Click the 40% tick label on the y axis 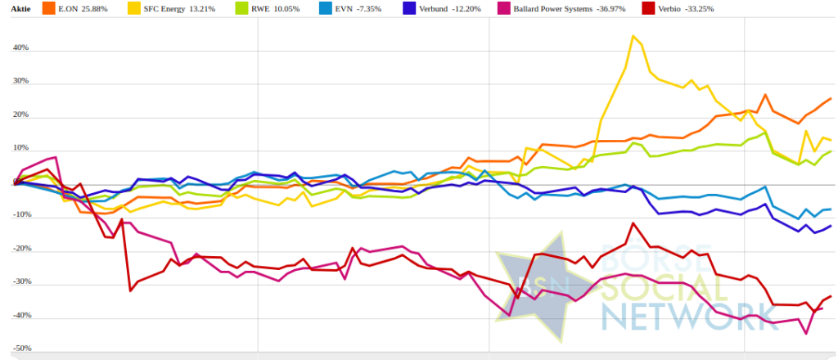coord(20,47)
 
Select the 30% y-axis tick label coord(20,82)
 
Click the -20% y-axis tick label coord(20,249)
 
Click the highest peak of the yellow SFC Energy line coord(633,36)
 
